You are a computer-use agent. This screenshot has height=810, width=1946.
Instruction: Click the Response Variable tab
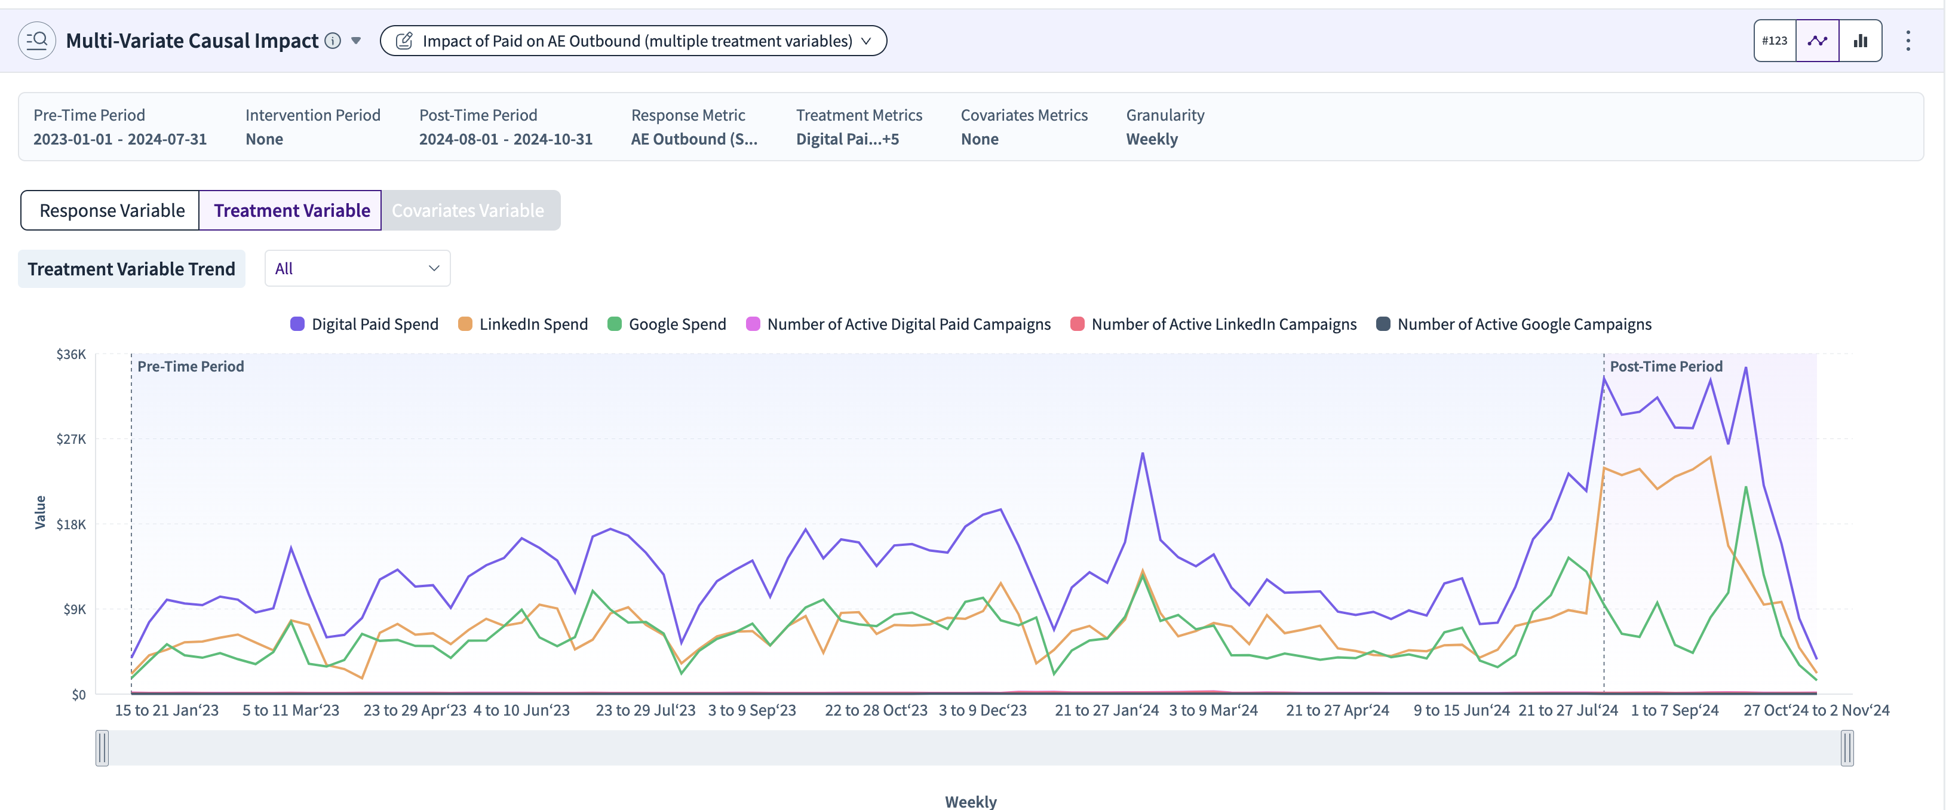point(111,210)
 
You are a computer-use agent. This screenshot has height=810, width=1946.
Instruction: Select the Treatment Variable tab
point(291,210)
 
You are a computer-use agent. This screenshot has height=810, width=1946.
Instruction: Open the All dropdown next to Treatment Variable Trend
point(357,268)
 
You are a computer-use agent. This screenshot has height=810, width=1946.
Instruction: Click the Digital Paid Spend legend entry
point(365,324)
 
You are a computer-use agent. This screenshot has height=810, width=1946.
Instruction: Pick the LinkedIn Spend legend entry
point(523,324)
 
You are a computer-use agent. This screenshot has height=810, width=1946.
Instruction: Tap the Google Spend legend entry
point(667,324)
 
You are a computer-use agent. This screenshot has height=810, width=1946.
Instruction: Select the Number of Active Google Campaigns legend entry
point(1514,324)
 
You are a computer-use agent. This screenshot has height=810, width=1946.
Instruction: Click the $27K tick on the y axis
point(72,439)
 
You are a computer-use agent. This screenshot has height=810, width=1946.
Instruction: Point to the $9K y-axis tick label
point(75,609)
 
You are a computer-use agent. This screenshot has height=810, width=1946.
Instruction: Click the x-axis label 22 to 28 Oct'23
point(876,710)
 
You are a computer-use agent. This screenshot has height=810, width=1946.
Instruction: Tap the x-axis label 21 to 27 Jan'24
point(1107,710)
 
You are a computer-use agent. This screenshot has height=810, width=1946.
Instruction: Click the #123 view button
point(1775,41)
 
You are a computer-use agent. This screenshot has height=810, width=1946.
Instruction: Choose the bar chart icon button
point(1860,41)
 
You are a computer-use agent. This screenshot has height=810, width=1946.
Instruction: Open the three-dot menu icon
point(1908,41)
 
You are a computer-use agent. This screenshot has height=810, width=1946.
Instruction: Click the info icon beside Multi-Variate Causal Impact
point(332,41)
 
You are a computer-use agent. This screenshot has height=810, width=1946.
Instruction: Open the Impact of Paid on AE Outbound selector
point(633,41)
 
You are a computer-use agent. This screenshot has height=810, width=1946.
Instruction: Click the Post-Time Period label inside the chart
point(1666,366)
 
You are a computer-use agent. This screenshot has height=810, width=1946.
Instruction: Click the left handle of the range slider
point(102,748)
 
